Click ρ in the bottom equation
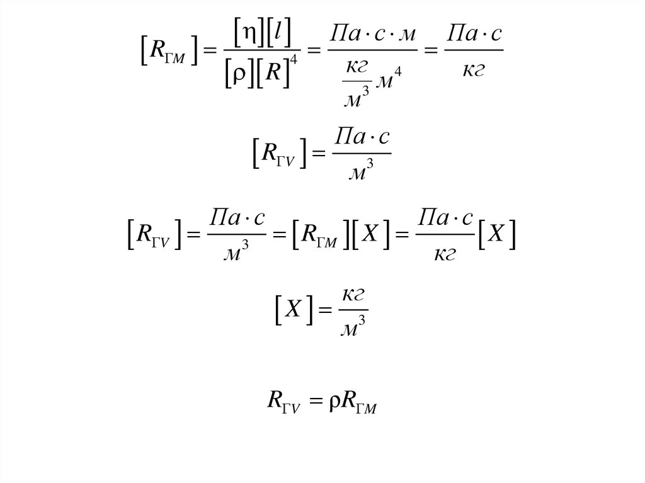coord(334,401)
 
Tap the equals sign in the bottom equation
coord(317,401)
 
